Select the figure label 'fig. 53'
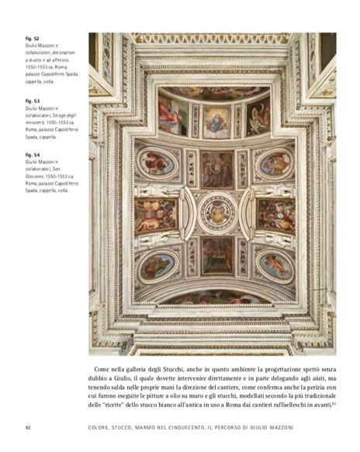coord(33,100)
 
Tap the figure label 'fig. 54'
coord(33,155)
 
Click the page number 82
coord(28,428)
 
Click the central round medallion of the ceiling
coord(216,211)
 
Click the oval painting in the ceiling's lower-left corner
coord(156,265)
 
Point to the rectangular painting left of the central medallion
coord(156,213)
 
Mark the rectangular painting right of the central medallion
coord(275,213)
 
